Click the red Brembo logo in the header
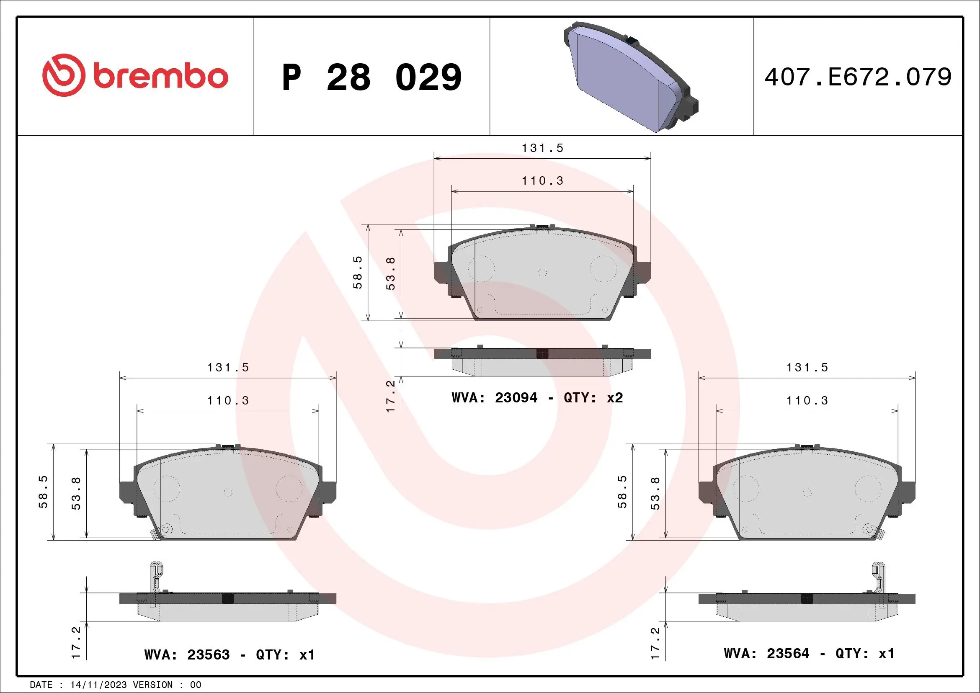pos(135,75)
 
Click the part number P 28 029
pos(372,77)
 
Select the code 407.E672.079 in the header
pos(858,77)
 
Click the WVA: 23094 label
pos(495,398)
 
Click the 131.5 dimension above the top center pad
pos(542,148)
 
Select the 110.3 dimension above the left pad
pos(228,401)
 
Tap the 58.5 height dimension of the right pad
pos(622,492)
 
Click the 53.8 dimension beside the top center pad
pos(391,273)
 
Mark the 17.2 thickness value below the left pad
pos(76,642)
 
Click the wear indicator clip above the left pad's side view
pos(156,576)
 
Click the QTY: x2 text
pos(593,398)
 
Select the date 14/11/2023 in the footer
pos(98,685)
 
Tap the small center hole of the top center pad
pos(542,273)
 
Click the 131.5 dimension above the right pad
pos(807,367)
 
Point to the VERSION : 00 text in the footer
pos(167,685)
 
